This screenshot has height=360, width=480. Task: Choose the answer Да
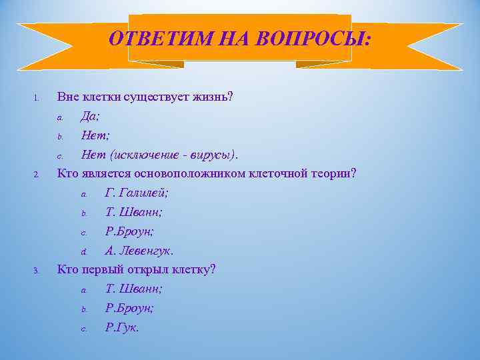pos(90,117)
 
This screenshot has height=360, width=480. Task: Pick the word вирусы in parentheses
pos(213,155)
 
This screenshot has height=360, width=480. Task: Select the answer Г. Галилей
pos(137,193)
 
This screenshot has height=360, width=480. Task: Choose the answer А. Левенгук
pos(139,251)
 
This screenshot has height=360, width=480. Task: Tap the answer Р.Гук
pos(122,328)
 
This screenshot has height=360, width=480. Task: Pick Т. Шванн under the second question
pos(134,213)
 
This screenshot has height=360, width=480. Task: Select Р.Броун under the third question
pos(129,309)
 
